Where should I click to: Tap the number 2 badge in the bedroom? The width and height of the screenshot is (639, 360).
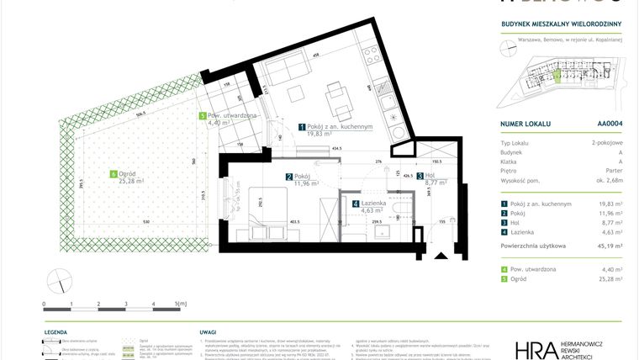click(x=288, y=177)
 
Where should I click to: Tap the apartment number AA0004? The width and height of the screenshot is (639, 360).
click(x=610, y=123)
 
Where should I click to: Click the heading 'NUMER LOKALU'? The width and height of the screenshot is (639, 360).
click(x=525, y=123)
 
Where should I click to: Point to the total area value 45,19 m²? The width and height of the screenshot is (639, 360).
click(x=609, y=246)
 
